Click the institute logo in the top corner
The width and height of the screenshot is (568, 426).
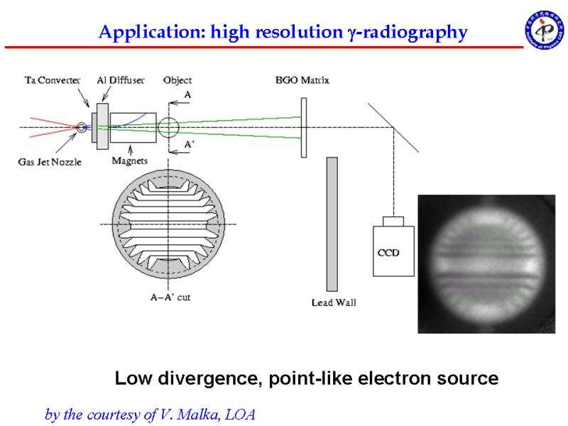pyautogui.click(x=545, y=30)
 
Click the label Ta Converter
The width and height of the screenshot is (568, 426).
pyautogui.click(x=53, y=80)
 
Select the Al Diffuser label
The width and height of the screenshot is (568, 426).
pyautogui.click(x=121, y=80)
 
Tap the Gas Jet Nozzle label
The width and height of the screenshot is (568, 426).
pyautogui.click(x=50, y=162)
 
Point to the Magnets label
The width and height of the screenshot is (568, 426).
pyautogui.click(x=130, y=160)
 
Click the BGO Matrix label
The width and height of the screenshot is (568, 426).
pyautogui.click(x=302, y=80)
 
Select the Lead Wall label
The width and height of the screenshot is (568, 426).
pyautogui.click(x=334, y=302)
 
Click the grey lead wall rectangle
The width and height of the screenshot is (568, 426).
pyautogui.click(x=332, y=224)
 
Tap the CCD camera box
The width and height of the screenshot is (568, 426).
pyautogui.click(x=394, y=246)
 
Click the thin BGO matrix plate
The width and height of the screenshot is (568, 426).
pyautogui.click(x=304, y=128)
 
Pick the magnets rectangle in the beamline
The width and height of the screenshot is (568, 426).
pyautogui.click(x=133, y=128)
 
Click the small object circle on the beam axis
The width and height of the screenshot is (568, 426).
pyautogui.click(x=168, y=127)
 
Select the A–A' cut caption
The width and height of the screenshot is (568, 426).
pyautogui.click(x=170, y=297)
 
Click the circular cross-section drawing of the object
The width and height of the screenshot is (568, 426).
pyautogui.click(x=168, y=224)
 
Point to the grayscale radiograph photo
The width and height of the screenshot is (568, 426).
pyautogui.click(x=486, y=264)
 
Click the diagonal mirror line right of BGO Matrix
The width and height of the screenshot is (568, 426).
pyautogui.click(x=393, y=128)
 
